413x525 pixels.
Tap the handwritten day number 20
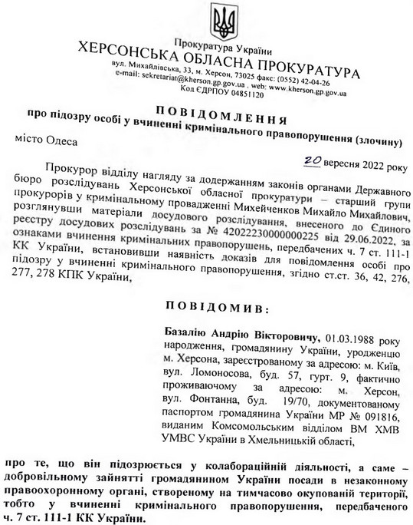313,158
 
